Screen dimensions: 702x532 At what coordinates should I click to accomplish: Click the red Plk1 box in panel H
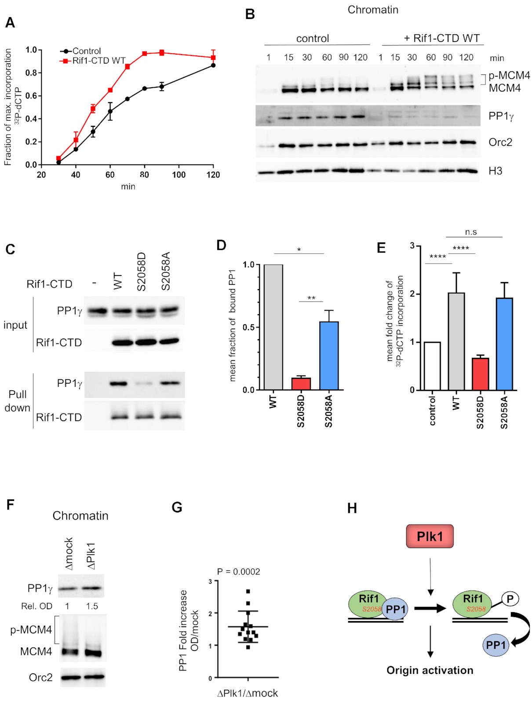click(x=430, y=536)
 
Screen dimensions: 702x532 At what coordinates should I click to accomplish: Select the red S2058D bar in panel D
click(x=301, y=383)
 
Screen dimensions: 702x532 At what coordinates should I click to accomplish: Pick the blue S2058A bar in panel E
click(x=504, y=344)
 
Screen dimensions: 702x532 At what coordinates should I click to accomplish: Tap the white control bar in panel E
click(x=433, y=366)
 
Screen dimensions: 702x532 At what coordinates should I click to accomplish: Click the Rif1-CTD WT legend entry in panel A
click(x=98, y=61)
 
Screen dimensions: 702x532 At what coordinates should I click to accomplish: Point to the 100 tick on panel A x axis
click(x=179, y=175)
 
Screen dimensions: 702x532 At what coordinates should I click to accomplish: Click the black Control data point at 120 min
click(x=213, y=65)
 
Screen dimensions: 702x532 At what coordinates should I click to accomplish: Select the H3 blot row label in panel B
click(x=495, y=171)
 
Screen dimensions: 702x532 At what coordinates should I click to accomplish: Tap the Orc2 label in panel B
click(x=500, y=142)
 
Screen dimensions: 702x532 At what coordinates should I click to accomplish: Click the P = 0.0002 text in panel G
click(x=239, y=571)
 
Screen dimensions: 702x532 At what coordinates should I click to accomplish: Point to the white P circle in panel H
click(x=510, y=599)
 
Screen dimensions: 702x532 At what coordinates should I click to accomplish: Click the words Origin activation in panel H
click(x=430, y=670)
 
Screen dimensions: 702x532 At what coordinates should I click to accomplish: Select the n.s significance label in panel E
click(x=471, y=232)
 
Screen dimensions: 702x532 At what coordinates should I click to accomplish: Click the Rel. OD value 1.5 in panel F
click(x=92, y=606)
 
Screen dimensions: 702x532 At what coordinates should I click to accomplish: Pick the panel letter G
click(x=177, y=507)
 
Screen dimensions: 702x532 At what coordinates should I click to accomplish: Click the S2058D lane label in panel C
click(x=141, y=272)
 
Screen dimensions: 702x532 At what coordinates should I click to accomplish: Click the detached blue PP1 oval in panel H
click(x=496, y=645)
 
